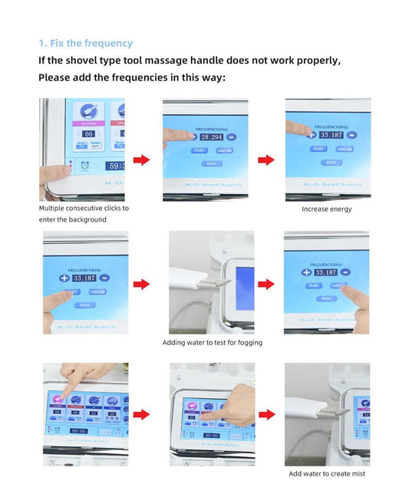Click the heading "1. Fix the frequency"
85,44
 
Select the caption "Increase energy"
327,209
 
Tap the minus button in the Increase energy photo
351,136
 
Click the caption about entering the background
84,214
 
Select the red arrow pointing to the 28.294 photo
141,160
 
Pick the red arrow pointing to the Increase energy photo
266,160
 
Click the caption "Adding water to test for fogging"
212,343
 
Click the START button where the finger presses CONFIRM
314,285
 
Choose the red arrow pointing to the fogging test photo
141,285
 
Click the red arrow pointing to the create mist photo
266,415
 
